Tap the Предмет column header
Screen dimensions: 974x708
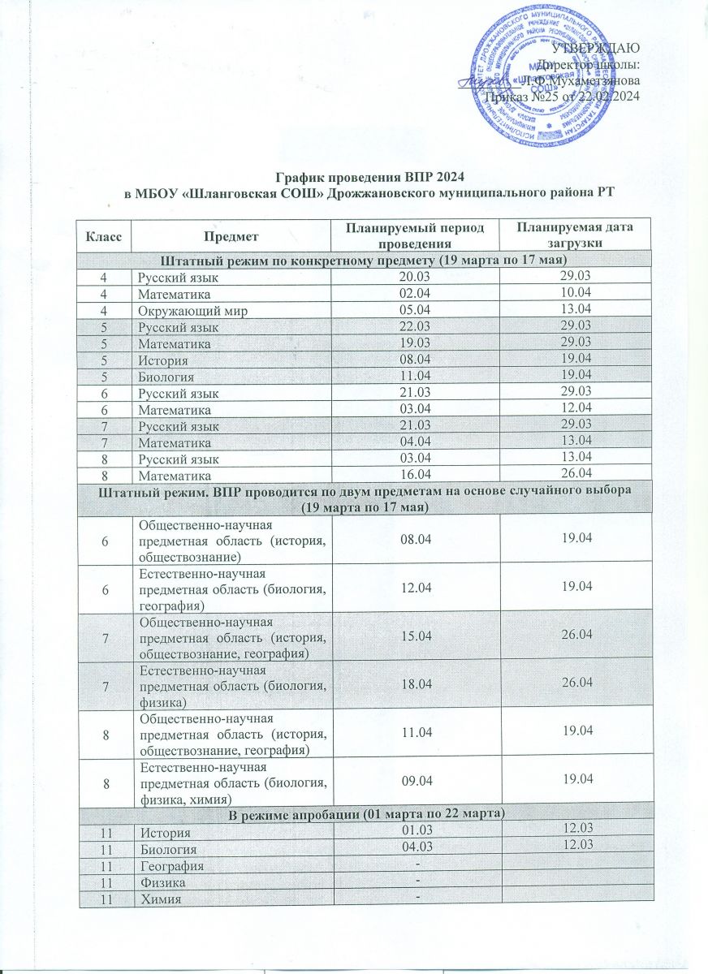231,236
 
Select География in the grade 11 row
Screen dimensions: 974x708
170,866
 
